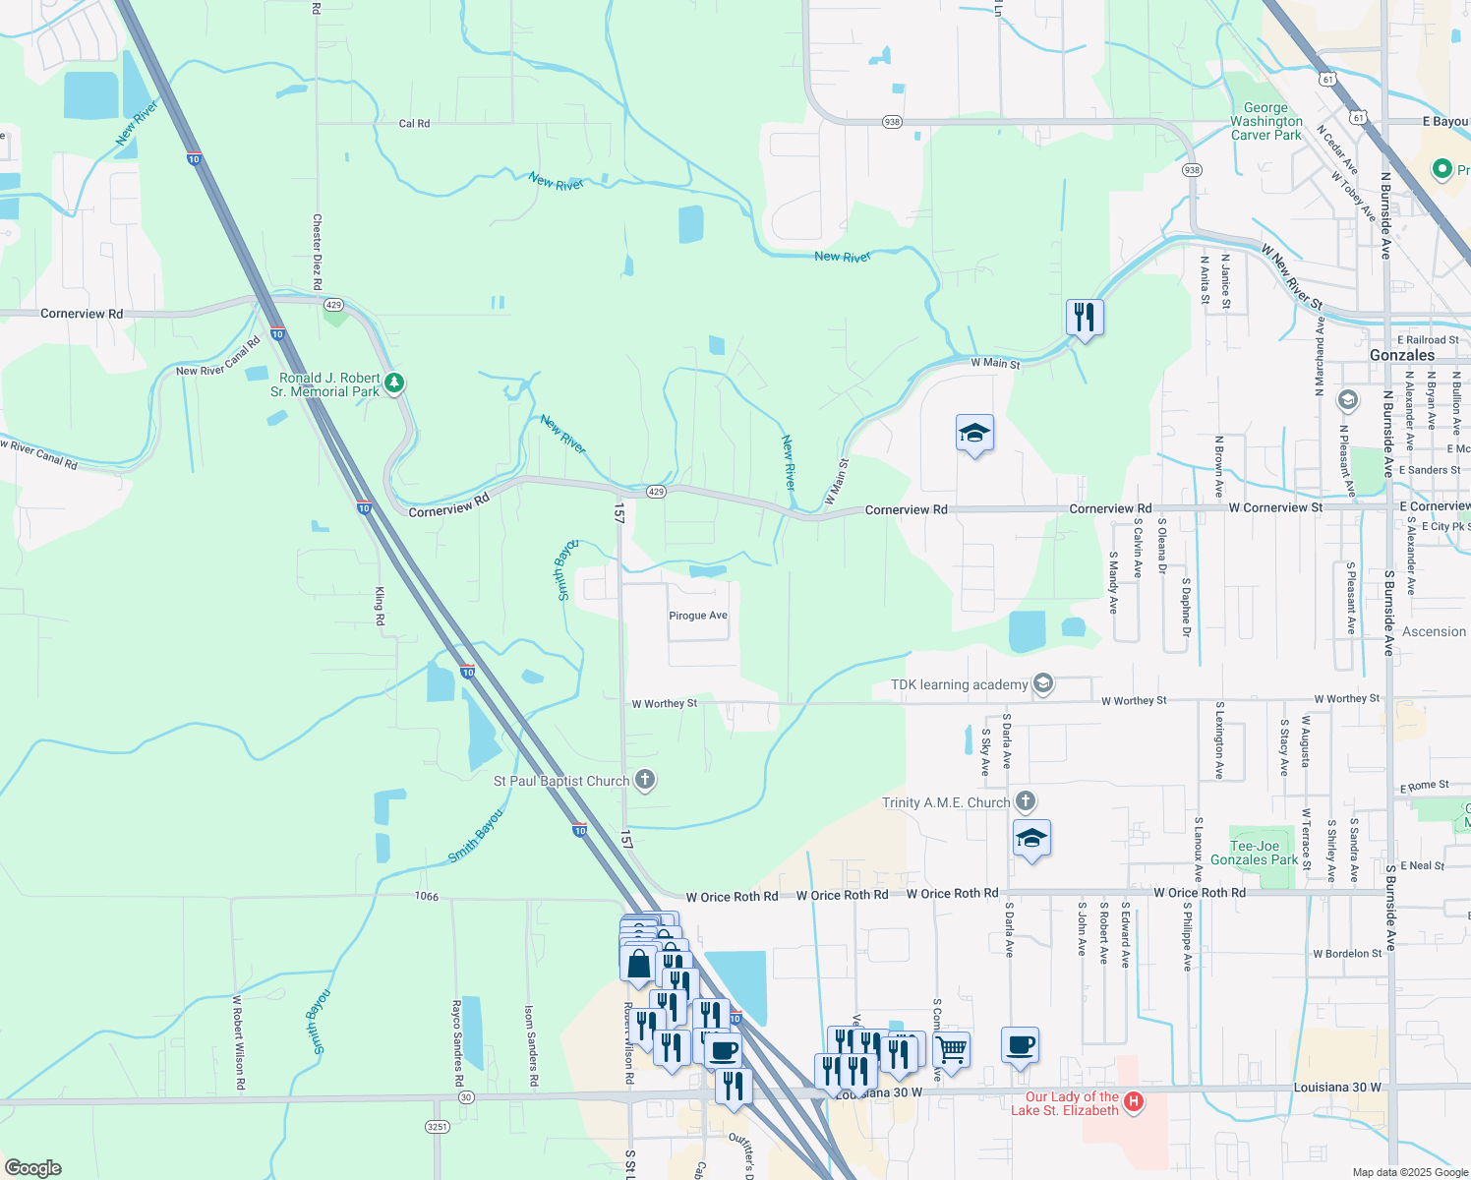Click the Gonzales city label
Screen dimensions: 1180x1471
pyautogui.click(x=1401, y=355)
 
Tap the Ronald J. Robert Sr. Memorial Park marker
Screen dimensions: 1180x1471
pyautogui.click(x=394, y=383)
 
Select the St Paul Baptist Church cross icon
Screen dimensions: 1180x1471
pyautogui.click(x=645, y=781)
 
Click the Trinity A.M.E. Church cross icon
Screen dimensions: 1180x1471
pyautogui.click(x=1026, y=801)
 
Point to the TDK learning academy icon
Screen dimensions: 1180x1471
pyautogui.click(x=1044, y=683)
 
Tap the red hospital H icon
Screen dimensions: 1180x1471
pyautogui.click(x=1133, y=1101)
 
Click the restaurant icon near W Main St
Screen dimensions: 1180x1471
pyautogui.click(x=1085, y=318)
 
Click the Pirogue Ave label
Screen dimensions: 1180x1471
pyautogui.click(x=698, y=616)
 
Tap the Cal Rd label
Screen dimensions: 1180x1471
pyautogui.click(x=414, y=124)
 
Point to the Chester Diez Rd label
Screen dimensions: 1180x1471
pyautogui.click(x=317, y=252)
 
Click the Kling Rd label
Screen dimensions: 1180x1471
pyautogui.click(x=380, y=606)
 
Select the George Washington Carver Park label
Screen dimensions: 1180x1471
pyautogui.click(x=1265, y=122)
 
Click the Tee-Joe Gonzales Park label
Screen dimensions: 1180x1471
pyautogui.click(x=1254, y=853)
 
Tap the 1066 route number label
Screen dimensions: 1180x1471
pyautogui.click(x=427, y=896)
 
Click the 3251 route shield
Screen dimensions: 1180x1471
pyautogui.click(x=437, y=1126)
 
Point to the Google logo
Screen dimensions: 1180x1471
pyautogui.click(x=33, y=1167)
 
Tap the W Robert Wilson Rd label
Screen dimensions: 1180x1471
pyautogui.click(x=238, y=1042)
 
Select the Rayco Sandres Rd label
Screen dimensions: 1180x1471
pyautogui.click(x=457, y=1042)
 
